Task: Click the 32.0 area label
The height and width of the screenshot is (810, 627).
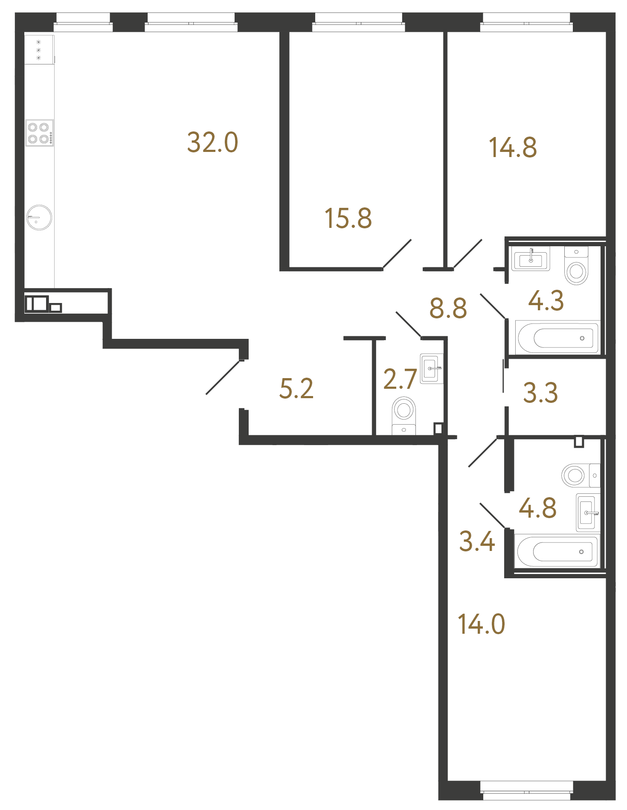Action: (212, 143)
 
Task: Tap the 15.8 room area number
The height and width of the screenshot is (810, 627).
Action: (348, 219)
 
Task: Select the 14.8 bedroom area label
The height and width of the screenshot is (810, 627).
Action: (513, 148)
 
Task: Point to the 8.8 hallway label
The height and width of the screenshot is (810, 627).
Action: (448, 308)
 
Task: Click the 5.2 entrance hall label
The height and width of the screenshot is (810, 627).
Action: (296, 389)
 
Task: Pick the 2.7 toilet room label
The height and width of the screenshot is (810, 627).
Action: (400, 379)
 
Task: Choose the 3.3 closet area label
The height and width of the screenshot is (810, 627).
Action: (540, 393)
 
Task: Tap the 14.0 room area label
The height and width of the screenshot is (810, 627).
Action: (481, 624)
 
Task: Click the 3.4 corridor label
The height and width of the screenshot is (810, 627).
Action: (477, 542)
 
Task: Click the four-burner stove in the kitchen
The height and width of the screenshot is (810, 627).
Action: (39, 133)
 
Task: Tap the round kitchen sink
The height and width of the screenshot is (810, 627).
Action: (39, 217)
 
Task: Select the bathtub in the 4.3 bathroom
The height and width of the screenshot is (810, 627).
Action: (557, 338)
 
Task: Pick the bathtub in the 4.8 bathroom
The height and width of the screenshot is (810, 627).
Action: (557, 551)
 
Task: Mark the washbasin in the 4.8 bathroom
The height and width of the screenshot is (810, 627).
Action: (588, 513)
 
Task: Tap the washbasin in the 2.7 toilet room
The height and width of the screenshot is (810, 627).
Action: (431, 368)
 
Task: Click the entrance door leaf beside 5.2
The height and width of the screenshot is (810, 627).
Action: (223, 378)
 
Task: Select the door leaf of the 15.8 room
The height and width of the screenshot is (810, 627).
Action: (397, 254)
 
